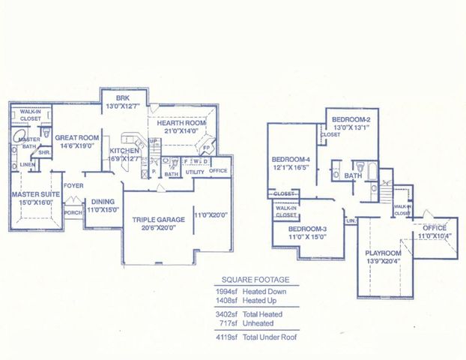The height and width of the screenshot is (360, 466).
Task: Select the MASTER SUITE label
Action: pos(30,194)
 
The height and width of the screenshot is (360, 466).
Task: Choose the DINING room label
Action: pos(103,201)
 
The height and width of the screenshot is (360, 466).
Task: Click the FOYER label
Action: pos(73,185)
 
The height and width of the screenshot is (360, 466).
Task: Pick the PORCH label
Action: pos(73,211)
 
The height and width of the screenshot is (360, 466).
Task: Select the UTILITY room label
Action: pos(196,172)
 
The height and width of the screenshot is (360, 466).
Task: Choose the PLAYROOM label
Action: pos(383,253)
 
